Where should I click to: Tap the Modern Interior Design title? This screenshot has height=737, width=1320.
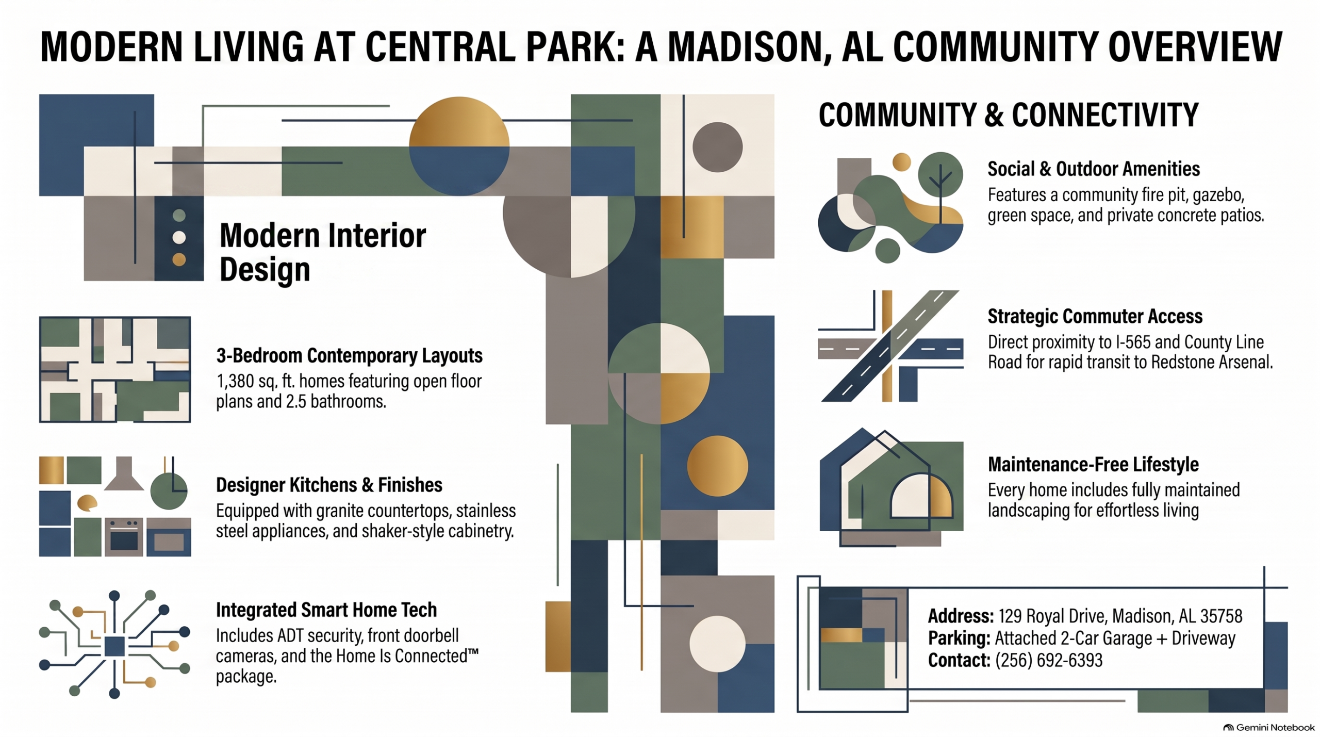point(323,252)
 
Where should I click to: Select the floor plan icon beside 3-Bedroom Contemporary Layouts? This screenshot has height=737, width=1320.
point(115,369)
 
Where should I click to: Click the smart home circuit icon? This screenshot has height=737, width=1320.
point(114,644)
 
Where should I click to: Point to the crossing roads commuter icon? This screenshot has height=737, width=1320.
point(890,346)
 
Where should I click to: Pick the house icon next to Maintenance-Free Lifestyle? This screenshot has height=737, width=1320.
point(891,487)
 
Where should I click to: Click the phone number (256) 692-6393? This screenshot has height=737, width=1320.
point(1049,660)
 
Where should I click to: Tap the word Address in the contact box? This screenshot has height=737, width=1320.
point(961,616)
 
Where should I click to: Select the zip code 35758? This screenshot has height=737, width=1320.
point(1221,616)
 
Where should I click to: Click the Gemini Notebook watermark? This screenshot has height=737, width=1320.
point(1269,728)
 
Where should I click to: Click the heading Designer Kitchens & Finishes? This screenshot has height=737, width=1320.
point(329,485)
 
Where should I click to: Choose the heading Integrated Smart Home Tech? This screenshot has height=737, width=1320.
point(326,610)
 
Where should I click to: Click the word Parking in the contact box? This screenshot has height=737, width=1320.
point(959,638)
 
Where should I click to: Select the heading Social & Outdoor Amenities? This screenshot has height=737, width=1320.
point(1094,169)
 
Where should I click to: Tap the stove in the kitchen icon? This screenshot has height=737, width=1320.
point(124,537)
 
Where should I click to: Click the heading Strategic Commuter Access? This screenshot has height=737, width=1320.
point(1095,316)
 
